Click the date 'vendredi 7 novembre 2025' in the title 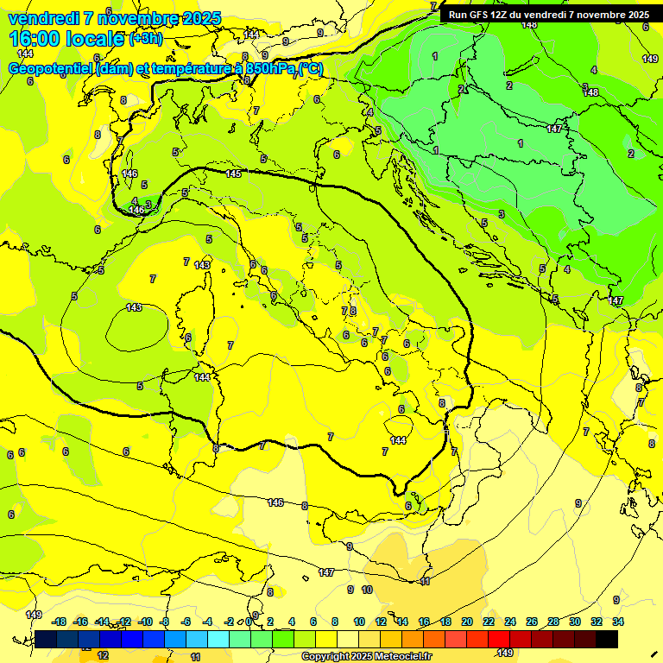click(114, 18)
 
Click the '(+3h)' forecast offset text click(144, 39)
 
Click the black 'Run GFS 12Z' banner click(549, 15)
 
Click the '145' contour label click(233, 174)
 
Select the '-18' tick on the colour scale click(59, 622)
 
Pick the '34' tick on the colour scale click(617, 622)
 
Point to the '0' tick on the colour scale click(249, 622)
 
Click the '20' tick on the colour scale click(466, 622)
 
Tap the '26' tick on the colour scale click(531, 622)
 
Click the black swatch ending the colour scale click(607, 639)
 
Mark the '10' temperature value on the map click(367, 590)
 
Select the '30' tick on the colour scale click(574, 622)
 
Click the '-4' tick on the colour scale click(207, 622)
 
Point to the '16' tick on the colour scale click(424, 622)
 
